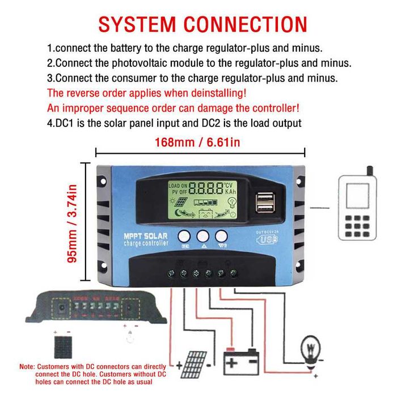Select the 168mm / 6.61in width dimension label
[x=197, y=142]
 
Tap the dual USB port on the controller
[x=264, y=203]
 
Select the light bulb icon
[x=310, y=346]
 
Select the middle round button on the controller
[x=203, y=236]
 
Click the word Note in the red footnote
[x=28, y=368]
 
